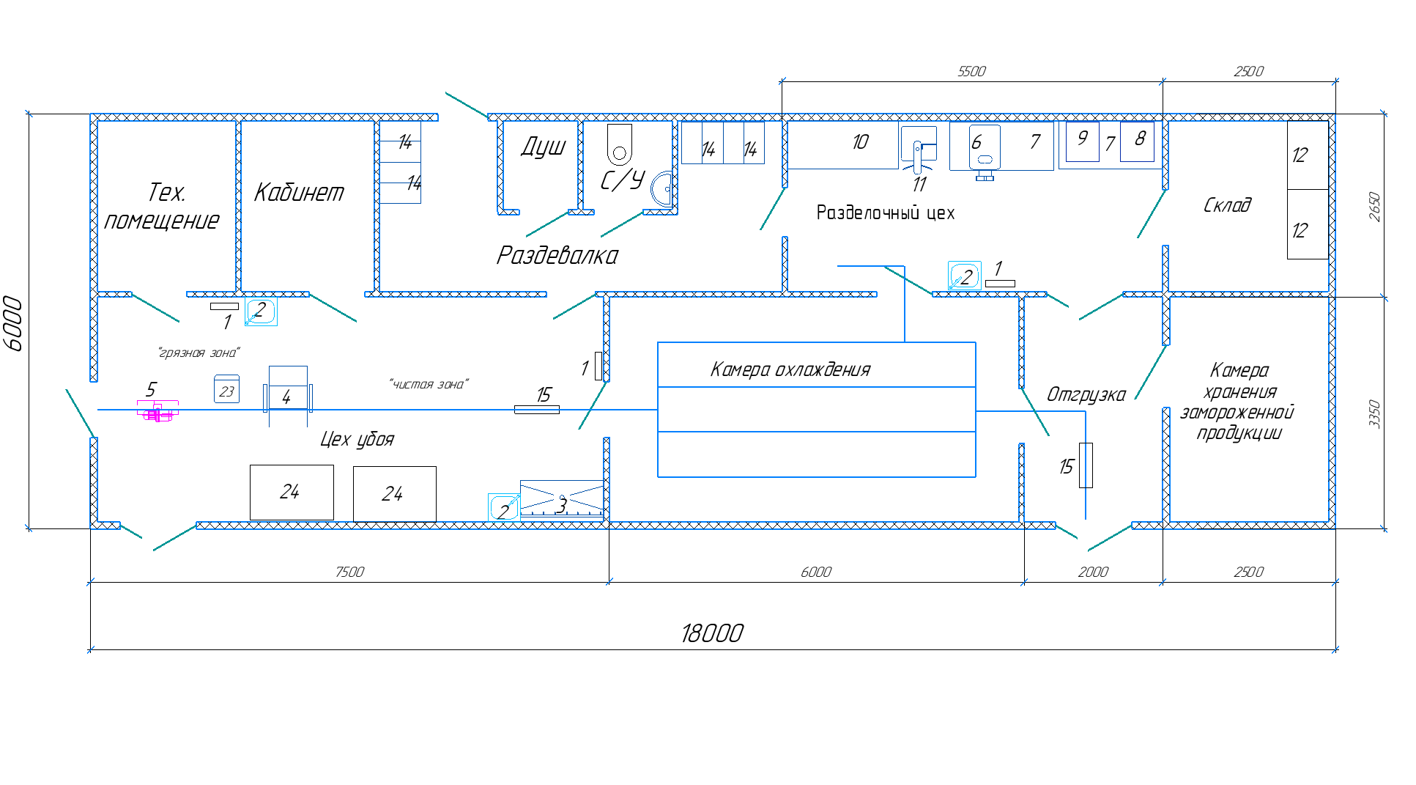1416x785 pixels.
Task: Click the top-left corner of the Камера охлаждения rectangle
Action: [658, 342]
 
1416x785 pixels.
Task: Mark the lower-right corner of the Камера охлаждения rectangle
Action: [976, 477]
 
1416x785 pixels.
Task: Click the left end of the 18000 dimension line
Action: [90, 649]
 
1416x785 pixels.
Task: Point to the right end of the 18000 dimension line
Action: [1336, 649]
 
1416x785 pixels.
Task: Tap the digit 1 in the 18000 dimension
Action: [686, 633]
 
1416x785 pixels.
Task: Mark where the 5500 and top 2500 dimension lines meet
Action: [1163, 81]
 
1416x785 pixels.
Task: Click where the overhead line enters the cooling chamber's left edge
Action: [658, 410]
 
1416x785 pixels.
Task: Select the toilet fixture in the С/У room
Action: [620, 144]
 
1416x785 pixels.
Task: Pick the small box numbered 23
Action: [226, 389]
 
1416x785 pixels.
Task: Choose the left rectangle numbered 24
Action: [292, 493]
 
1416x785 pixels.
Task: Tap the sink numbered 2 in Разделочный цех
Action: [964, 276]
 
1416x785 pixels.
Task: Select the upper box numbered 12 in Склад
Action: [1308, 155]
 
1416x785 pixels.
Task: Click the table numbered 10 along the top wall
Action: [843, 144]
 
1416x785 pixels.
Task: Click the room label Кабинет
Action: [299, 192]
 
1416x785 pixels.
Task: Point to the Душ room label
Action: [544, 147]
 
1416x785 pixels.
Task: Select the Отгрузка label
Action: [1086, 394]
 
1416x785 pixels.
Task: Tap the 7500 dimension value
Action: [349, 572]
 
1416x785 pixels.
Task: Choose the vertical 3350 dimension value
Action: [1374, 413]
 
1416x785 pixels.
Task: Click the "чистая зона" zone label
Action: [429, 384]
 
